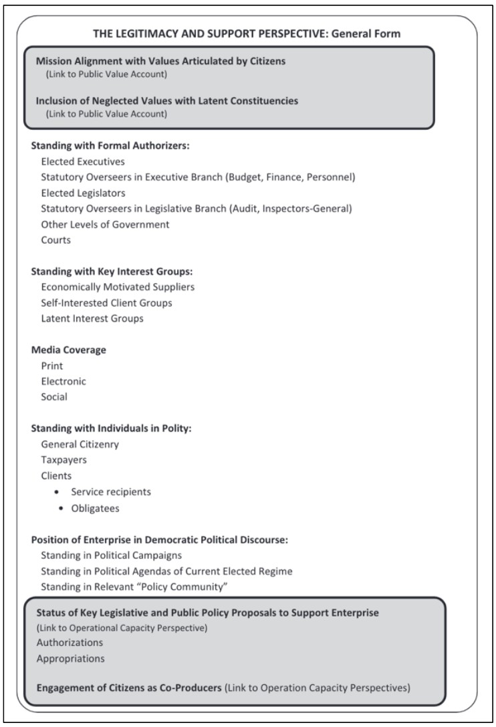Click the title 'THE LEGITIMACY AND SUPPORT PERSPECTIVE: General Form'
247,33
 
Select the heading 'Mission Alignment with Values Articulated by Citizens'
161,62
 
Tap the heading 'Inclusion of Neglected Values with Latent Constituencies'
167,101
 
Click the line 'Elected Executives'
83,161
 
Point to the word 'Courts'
56,240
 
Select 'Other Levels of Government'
105,224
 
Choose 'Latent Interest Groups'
92,319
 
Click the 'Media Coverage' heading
69,350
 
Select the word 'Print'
52,366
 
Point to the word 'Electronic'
64,382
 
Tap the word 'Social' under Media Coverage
55,397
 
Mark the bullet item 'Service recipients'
111,492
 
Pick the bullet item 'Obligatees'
95,507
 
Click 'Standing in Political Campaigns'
111,555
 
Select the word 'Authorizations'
70,642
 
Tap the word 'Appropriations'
71,658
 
